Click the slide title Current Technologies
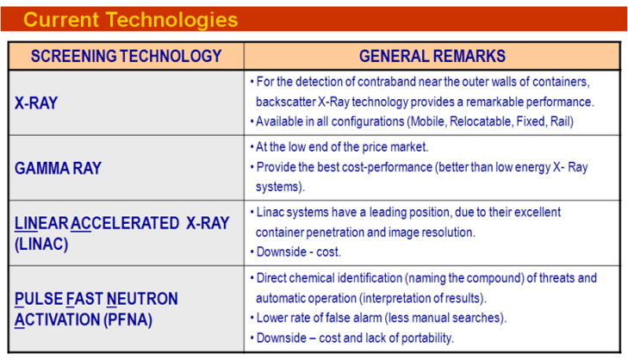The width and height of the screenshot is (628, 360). pyautogui.click(x=130, y=19)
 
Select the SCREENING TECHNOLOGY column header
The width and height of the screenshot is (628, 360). pyautogui.click(x=126, y=57)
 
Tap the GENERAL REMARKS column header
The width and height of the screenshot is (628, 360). pyautogui.click(x=432, y=57)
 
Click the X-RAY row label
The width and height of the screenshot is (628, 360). pyautogui.click(x=37, y=102)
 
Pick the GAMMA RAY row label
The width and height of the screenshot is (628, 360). pyautogui.click(x=58, y=168)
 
